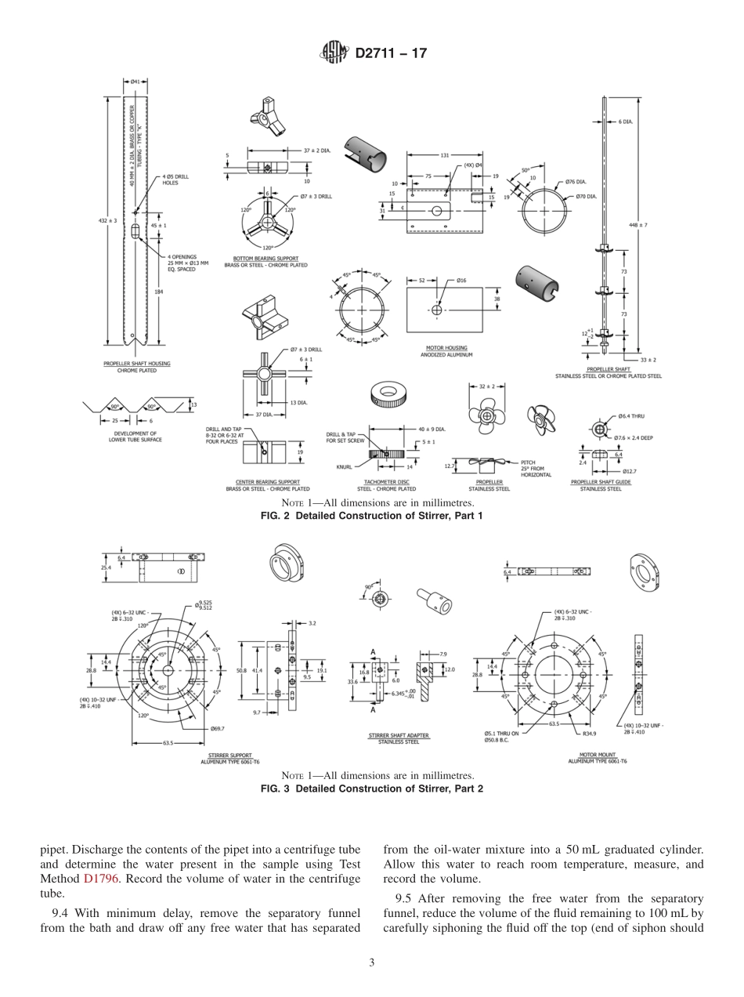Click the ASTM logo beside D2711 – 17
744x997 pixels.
[334, 53]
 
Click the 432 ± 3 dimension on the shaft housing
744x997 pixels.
[107, 221]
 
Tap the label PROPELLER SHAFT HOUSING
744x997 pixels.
[137, 364]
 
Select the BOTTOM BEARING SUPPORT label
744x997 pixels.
[265, 259]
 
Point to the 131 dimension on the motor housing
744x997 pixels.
[444, 155]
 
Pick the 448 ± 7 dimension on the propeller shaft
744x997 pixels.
[638, 225]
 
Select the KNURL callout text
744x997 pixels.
[344, 466]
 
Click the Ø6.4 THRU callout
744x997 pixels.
[630, 416]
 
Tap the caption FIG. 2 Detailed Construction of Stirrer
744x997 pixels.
[371, 516]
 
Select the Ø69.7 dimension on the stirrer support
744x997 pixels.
[218, 729]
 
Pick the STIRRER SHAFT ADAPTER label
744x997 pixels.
[398, 735]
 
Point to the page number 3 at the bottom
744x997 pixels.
[371, 963]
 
